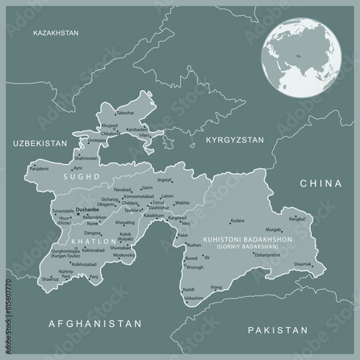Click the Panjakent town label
point(39,168)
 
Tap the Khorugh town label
point(195,267)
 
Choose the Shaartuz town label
point(50,279)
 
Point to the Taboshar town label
point(125,113)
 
